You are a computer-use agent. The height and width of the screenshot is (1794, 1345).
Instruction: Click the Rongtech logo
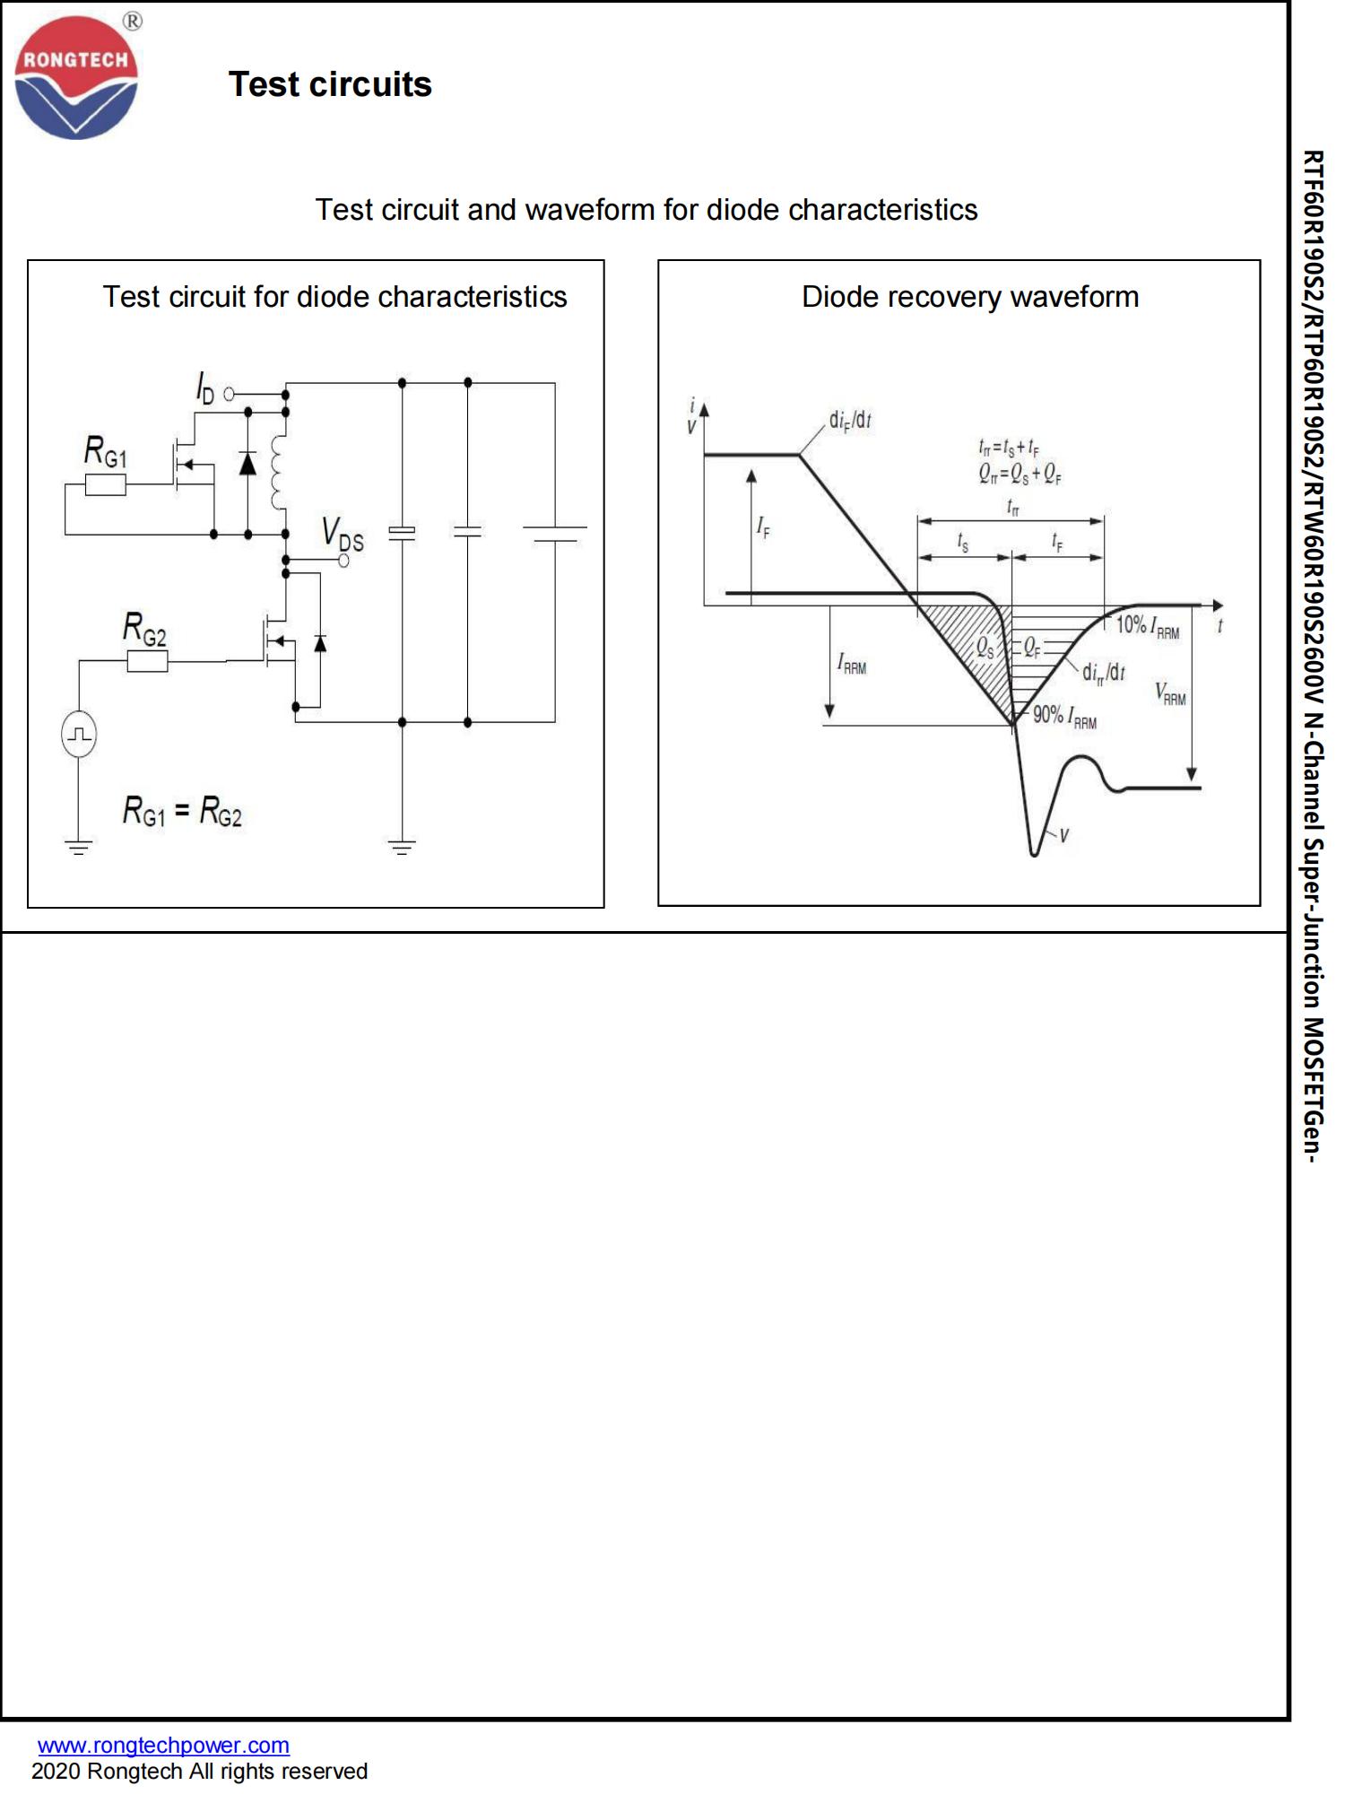[x=76, y=79]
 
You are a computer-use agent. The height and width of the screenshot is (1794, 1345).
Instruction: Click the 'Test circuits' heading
[x=330, y=85]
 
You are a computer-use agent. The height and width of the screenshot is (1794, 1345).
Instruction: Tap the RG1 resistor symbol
[x=106, y=486]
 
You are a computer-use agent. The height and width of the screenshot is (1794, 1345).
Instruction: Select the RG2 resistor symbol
[x=147, y=662]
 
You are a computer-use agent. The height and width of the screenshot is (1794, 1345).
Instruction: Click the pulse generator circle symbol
[x=79, y=735]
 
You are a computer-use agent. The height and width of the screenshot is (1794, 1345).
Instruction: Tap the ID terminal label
[x=205, y=388]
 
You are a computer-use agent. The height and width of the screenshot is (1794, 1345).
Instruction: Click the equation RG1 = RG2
[x=182, y=812]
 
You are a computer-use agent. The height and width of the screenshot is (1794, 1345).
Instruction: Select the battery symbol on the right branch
[x=554, y=534]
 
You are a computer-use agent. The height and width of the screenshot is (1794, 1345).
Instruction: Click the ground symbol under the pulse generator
[x=79, y=846]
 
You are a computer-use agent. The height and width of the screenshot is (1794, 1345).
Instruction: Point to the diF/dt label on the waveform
[x=850, y=420]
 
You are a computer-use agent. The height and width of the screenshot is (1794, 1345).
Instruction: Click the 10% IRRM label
[x=1147, y=627]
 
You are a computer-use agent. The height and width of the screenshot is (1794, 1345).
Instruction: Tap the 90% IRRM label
[x=1064, y=717]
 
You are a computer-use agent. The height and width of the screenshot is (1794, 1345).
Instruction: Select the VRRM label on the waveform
[x=1170, y=693]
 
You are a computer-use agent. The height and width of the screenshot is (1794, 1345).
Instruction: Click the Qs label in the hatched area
[x=985, y=648]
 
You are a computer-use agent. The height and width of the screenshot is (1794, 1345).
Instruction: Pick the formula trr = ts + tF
[x=1009, y=447]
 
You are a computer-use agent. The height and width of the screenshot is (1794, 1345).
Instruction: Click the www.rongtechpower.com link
[x=163, y=1745]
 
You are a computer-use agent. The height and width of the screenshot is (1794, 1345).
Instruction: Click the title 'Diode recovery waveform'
[x=969, y=297]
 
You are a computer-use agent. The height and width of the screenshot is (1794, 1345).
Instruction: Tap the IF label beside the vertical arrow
[x=763, y=527]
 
